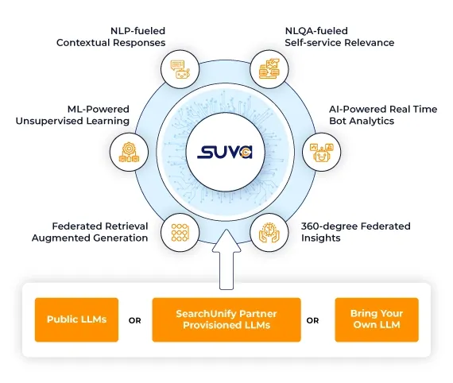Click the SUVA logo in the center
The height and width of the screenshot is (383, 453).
tap(225, 152)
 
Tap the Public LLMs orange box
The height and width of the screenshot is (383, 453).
tap(76, 319)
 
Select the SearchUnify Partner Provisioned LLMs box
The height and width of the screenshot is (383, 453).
tap(226, 319)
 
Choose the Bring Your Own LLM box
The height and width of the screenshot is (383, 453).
tap(377, 319)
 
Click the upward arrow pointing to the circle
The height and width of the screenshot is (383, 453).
tap(226, 259)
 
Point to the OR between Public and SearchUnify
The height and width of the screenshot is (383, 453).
tap(135, 320)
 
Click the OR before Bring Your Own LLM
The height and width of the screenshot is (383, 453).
tap(312, 320)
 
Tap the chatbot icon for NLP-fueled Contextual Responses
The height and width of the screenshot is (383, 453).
tap(180, 70)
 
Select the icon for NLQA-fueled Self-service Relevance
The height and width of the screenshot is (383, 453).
tap(269, 69)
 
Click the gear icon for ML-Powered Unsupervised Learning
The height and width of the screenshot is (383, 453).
tap(129, 152)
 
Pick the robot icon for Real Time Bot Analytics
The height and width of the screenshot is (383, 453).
tap(322, 153)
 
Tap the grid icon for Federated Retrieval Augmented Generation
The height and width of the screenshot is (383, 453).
tap(180, 233)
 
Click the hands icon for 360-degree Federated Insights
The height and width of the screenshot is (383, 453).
tap(269, 233)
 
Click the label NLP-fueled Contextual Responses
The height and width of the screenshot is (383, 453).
tap(111, 37)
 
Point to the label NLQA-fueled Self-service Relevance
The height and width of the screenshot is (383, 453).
tap(339, 37)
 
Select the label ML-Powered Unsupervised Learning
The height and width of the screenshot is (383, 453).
tap(72, 115)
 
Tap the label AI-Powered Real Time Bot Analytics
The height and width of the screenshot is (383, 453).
tap(383, 115)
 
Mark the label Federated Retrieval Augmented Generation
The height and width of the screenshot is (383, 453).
tap(90, 232)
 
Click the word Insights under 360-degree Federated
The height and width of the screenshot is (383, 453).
tap(321, 238)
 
